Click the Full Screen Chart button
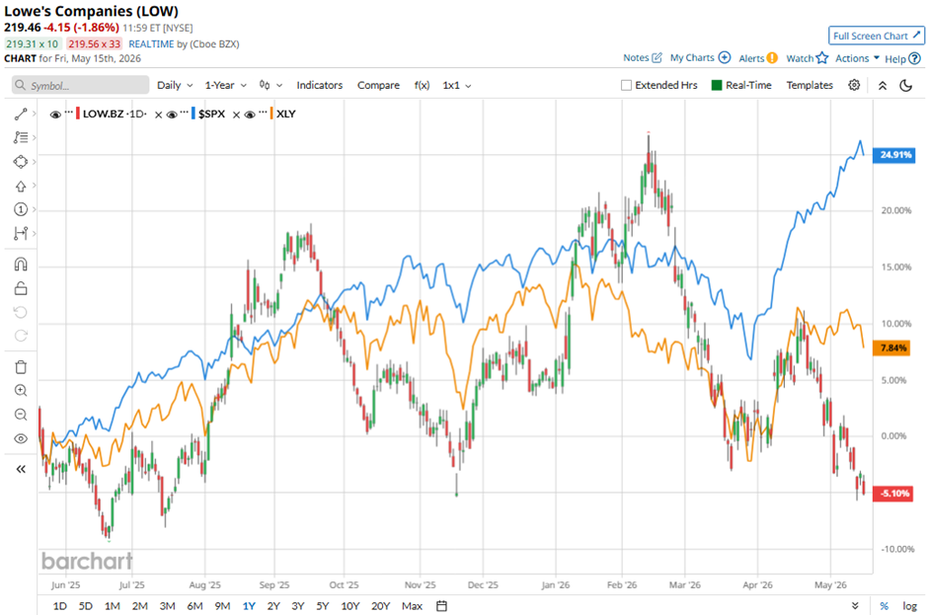tap(877, 36)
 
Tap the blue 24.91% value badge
tap(894, 155)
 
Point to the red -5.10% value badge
tap(893, 493)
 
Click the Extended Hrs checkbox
tap(626, 85)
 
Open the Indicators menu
tap(320, 85)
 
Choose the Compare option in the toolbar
tap(378, 85)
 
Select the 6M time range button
tap(194, 606)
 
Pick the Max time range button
tap(412, 606)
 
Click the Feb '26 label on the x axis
tap(622, 584)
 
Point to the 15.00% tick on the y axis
tap(896, 267)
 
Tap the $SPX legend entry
tap(211, 114)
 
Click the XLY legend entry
tap(285, 114)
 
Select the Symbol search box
tap(81, 85)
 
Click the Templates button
tap(810, 85)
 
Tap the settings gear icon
tap(854, 85)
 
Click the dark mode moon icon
tap(905, 85)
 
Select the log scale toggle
tap(909, 606)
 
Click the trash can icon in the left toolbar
tap(21, 367)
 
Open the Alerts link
tap(758, 58)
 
